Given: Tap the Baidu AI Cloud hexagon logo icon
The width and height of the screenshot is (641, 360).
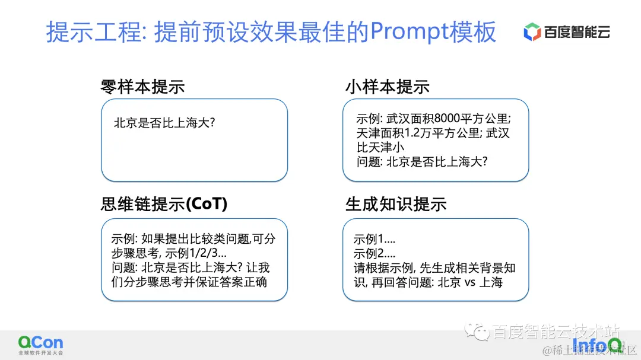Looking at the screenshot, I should point(531,32).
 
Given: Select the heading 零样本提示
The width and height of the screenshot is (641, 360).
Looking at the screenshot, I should point(142,87).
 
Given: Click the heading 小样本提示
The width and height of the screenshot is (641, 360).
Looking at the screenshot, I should point(387,87).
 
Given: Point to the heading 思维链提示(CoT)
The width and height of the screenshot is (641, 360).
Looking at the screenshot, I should point(164,205).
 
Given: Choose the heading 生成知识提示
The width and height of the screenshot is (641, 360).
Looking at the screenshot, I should point(396,205).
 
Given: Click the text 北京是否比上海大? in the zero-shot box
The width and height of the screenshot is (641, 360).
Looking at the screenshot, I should point(164,124).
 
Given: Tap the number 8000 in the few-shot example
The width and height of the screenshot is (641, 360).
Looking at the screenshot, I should point(452,118).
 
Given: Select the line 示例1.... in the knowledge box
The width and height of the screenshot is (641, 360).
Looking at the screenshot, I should point(374,240).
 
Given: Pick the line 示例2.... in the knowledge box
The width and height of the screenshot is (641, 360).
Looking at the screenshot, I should point(374,254).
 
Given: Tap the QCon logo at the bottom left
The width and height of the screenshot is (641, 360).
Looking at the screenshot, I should point(40,342).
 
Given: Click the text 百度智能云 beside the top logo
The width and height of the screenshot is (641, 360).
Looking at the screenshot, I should point(577,32).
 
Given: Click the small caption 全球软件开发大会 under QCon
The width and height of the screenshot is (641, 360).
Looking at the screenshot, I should point(40,353).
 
